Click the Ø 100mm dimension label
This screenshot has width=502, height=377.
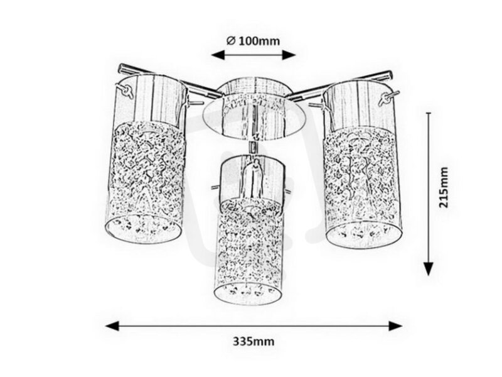(253, 41)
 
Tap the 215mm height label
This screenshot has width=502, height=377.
(444, 187)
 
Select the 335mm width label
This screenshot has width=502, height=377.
(254, 341)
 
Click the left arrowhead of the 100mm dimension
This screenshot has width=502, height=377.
(218, 55)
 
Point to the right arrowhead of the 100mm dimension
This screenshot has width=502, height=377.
(289, 55)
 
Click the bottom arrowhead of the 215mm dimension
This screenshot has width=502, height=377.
(429, 269)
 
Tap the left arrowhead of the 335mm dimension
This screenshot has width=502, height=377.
(112, 326)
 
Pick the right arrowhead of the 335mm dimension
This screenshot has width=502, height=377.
(395, 326)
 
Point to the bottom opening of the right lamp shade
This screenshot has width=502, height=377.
(364, 233)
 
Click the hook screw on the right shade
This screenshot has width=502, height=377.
(388, 98)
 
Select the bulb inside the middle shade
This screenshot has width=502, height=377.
(254, 180)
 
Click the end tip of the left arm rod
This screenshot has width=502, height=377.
(121, 68)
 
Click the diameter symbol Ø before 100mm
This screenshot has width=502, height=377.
(231, 41)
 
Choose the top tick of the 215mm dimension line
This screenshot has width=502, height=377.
(429, 113)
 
